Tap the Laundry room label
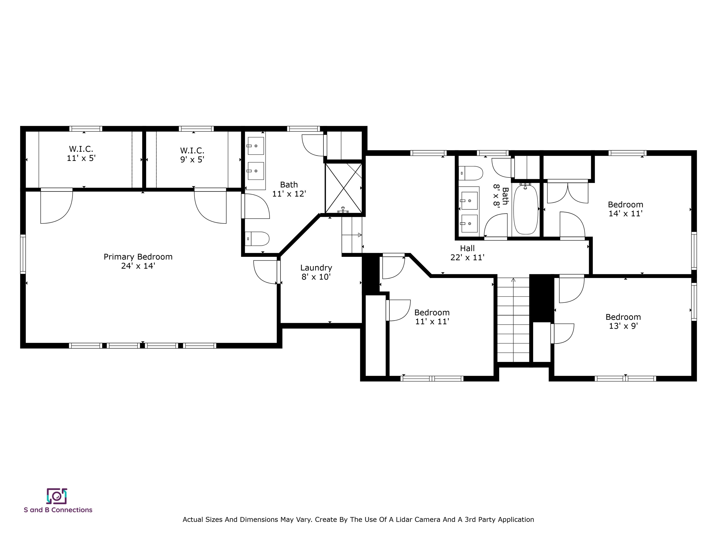click(x=316, y=272)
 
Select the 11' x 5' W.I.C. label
click(x=81, y=154)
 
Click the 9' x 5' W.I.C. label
click(x=192, y=155)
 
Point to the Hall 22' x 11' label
click(x=467, y=253)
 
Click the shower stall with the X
click(x=343, y=188)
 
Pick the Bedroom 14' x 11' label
click(x=625, y=209)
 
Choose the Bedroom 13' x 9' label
click(x=623, y=321)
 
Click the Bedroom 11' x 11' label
click(x=432, y=317)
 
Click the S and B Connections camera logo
click(x=57, y=496)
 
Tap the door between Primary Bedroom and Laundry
click(x=278, y=272)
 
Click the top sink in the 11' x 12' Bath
click(x=256, y=146)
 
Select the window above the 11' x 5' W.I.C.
click(x=86, y=129)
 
